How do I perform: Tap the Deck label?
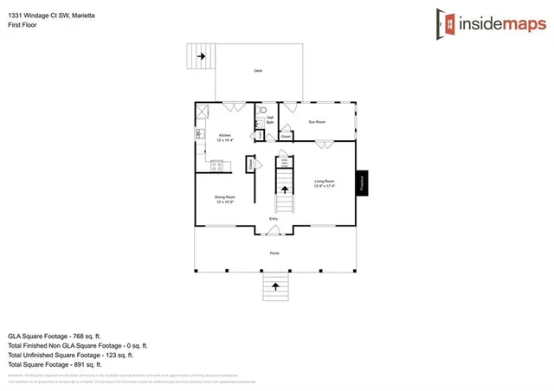point(258,71)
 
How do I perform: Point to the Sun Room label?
point(317,122)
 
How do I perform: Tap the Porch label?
point(274,253)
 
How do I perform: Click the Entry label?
point(274,219)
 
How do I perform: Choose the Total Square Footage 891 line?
point(57,364)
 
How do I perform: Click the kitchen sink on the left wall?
point(199,134)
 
